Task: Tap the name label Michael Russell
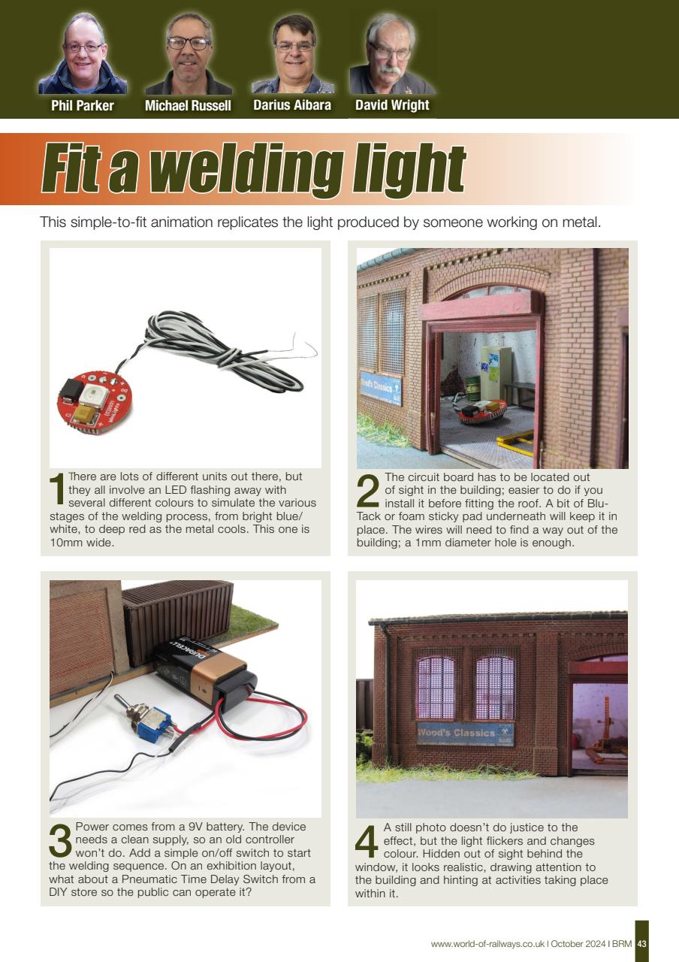(x=188, y=106)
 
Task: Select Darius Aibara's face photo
(x=293, y=55)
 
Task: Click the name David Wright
(x=392, y=105)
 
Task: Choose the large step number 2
(x=368, y=492)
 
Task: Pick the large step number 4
(x=367, y=842)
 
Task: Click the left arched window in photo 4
(x=436, y=686)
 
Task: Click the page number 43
(x=641, y=943)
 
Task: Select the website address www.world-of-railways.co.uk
(x=487, y=943)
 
